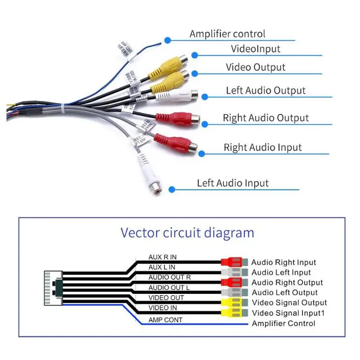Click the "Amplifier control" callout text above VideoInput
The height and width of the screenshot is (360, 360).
click(227, 34)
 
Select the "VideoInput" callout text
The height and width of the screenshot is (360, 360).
click(256, 49)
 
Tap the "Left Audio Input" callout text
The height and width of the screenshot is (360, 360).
click(233, 183)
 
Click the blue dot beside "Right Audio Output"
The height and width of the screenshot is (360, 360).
click(205, 124)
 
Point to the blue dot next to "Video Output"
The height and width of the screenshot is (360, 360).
click(195, 73)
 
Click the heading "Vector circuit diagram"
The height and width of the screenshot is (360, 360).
click(187, 233)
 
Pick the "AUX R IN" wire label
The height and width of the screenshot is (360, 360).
click(162, 257)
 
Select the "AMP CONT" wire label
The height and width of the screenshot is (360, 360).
click(165, 320)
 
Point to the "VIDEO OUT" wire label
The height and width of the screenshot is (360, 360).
click(166, 298)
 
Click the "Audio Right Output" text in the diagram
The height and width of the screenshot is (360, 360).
click(287, 283)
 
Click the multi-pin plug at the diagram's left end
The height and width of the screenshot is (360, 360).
click(53, 288)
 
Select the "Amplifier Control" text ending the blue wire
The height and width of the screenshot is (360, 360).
click(283, 324)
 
